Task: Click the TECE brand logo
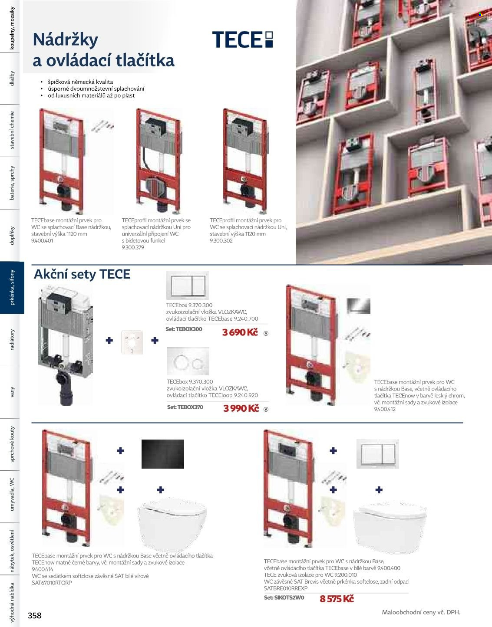(242, 39)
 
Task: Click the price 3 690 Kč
(240, 332)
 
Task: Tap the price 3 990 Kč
(241, 408)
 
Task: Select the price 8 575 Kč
(337, 599)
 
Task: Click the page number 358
(35, 615)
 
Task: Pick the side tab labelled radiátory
(12, 340)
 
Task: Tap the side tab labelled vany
(12, 392)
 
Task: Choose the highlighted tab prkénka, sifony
(12, 287)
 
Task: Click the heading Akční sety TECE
(82, 274)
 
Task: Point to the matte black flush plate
(162, 454)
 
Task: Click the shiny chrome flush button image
(358, 306)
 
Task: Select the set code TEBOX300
(184, 329)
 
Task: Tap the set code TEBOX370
(185, 407)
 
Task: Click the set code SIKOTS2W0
(284, 597)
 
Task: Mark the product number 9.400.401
(42, 241)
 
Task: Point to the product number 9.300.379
(133, 247)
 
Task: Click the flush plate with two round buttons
(188, 361)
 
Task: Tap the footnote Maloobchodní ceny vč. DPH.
(421, 612)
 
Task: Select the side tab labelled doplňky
(12, 236)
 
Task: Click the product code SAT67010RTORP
(52, 583)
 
